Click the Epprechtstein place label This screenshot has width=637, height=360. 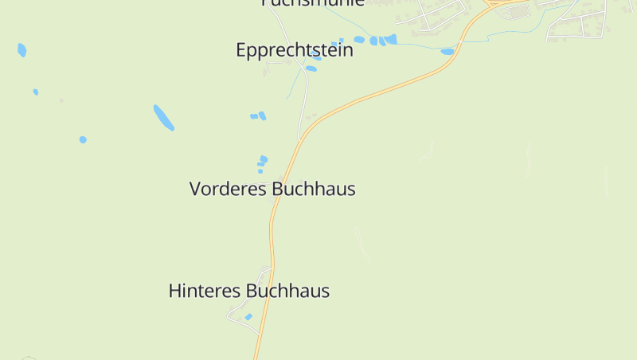(x=294, y=49)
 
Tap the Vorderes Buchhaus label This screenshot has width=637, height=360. (x=272, y=189)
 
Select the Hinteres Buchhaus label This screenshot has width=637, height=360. (x=248, y=291)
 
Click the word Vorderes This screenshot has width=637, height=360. (x=227, y=189)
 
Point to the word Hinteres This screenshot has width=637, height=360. (x=205, y=291)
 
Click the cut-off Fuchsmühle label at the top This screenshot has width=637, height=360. (x=312, y=3)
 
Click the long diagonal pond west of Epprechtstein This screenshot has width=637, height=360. (x=163, y=117)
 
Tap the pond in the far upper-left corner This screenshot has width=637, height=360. (x=21, y=50)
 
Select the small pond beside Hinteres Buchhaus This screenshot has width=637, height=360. (x=248, y=317)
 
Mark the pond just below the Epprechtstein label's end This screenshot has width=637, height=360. (x=311, y=68)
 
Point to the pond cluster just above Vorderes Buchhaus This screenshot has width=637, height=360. (x=262, y=163)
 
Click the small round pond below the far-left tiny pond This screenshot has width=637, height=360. (x=83, y=139)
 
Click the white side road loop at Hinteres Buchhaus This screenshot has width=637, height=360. (x=237, y=315)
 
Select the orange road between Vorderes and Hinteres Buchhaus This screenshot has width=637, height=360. (x=272, y=239)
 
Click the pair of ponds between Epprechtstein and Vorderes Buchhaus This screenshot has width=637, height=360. (x=258, y=116)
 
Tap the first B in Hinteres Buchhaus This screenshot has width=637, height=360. (x=253, y=291)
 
